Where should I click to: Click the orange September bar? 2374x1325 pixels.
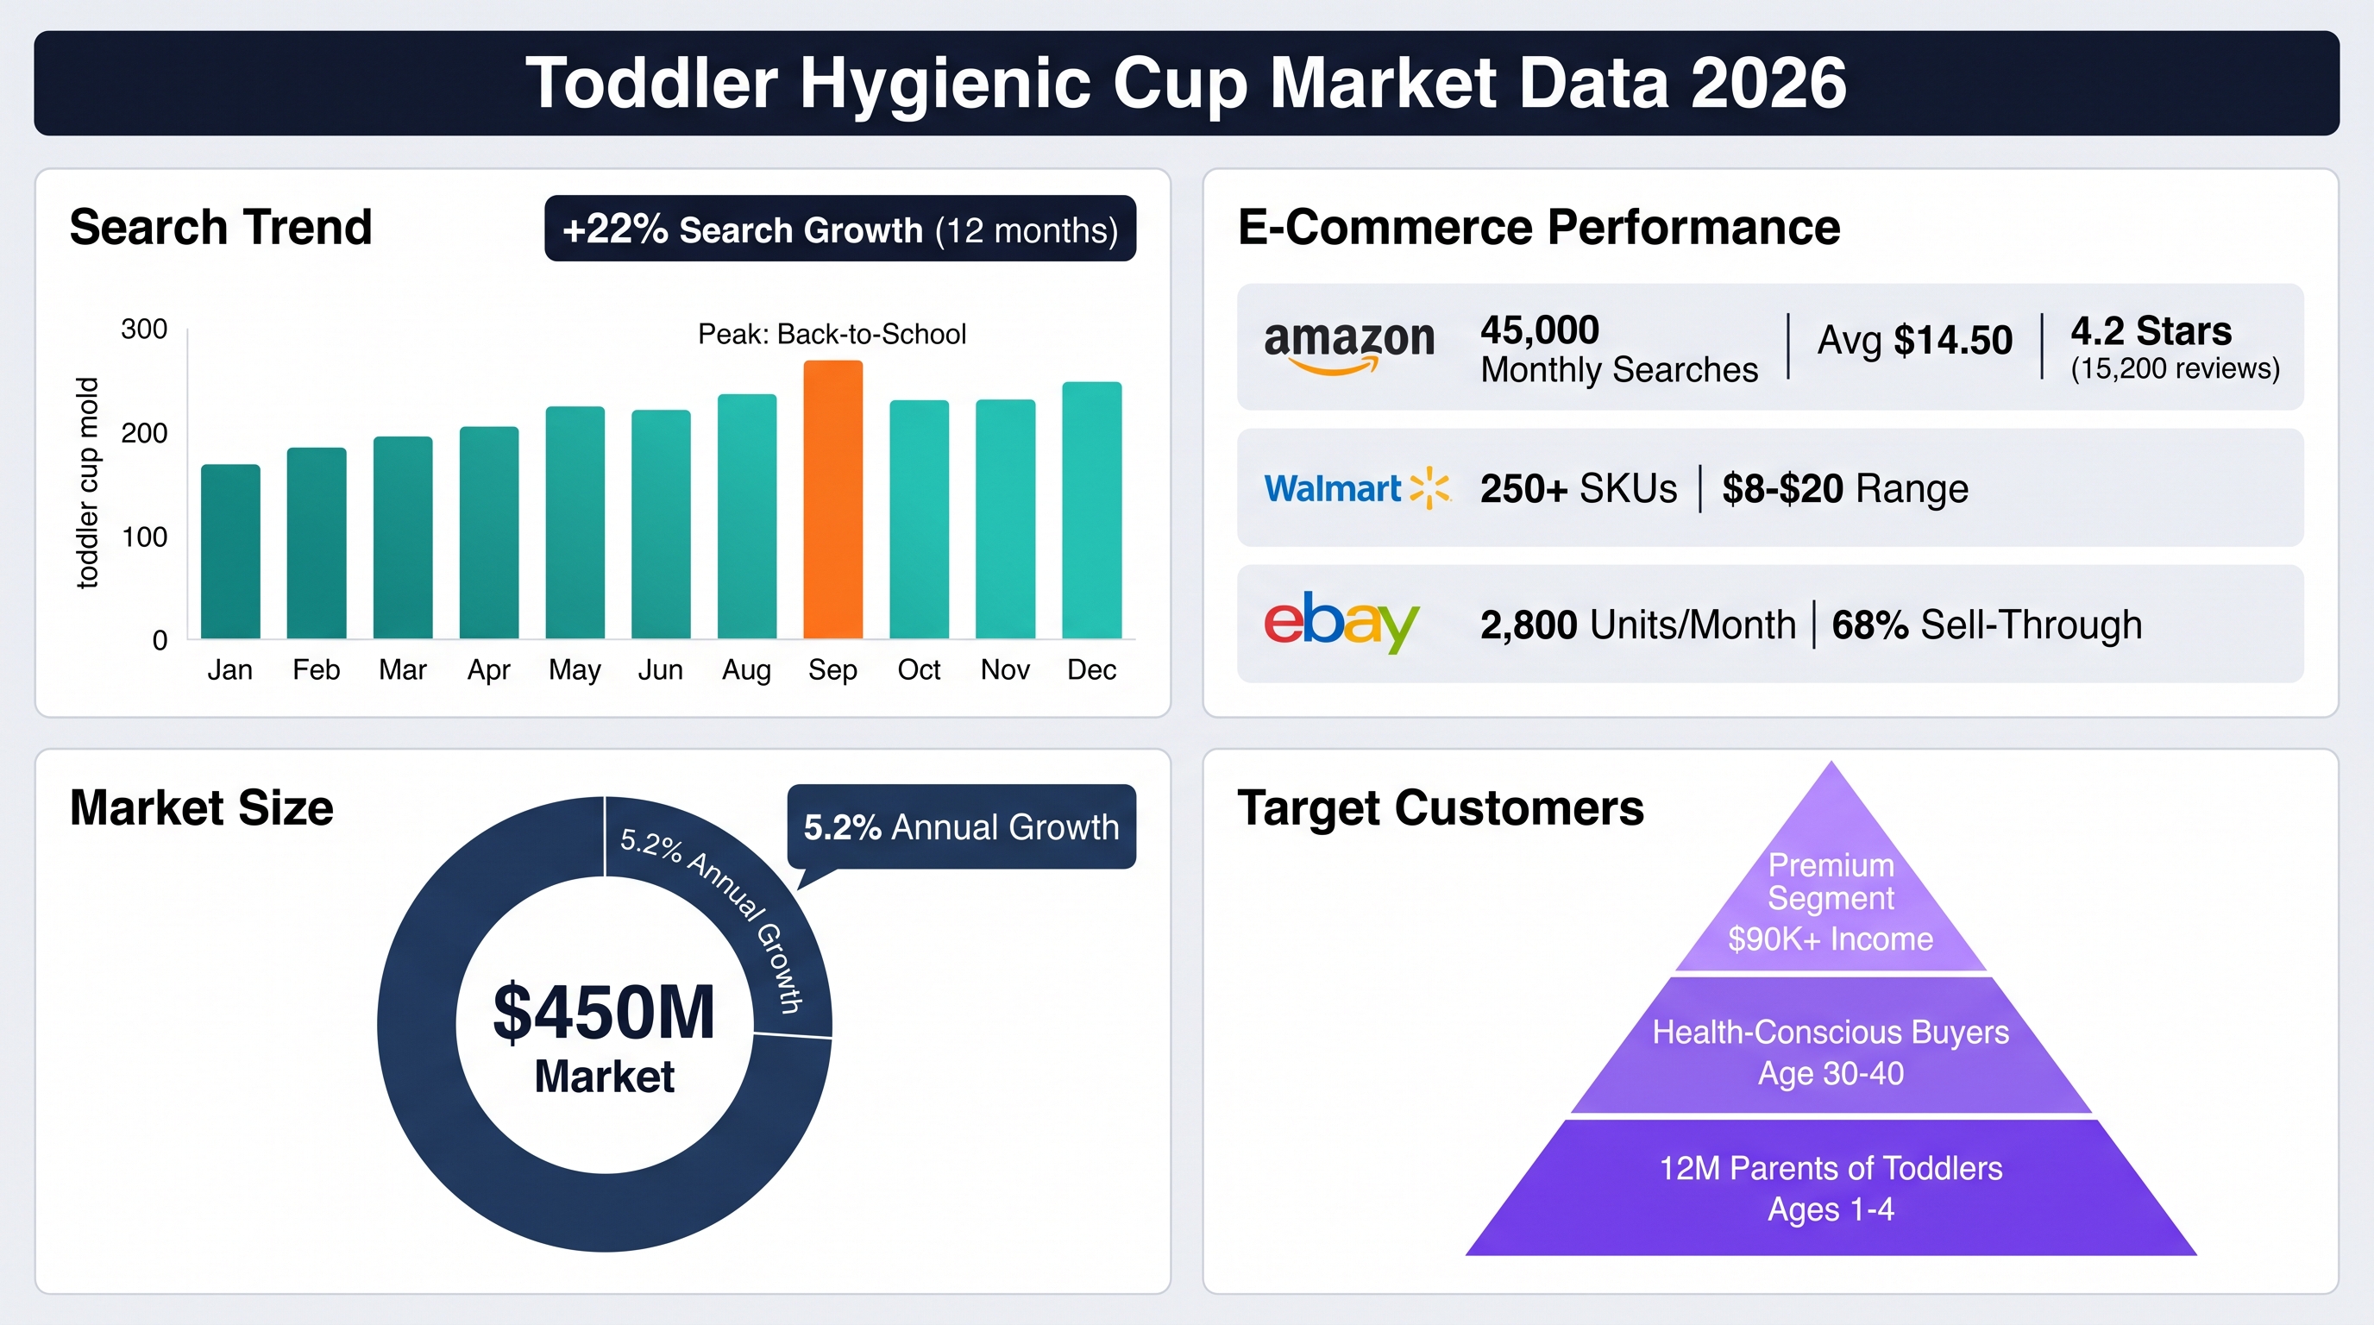coord(833,499)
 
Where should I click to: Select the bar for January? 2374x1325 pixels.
coord(230,551)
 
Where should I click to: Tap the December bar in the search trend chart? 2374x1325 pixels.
coord(1092,510)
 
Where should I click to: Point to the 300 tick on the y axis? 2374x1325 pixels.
coord(145,329)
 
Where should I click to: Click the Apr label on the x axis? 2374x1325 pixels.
coord(488,670)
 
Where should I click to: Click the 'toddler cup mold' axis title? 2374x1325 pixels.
coord(86,482)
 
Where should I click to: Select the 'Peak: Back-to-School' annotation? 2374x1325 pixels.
coord(832,334)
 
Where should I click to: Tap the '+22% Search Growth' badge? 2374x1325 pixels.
coord(840,229)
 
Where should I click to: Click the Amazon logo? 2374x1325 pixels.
coord(1349,347)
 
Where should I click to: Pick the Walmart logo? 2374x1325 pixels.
coord(1357,488)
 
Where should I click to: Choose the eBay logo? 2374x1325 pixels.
coord(1341,623)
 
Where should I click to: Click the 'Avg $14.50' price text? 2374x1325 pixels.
coord(1914,340)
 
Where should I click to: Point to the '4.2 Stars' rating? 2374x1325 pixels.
coord(2151,330)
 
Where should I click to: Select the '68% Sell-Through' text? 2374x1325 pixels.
coord(1986,625)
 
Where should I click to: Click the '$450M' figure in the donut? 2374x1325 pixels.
coord(605,1012)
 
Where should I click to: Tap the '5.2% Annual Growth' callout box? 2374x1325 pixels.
coord(961,826)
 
